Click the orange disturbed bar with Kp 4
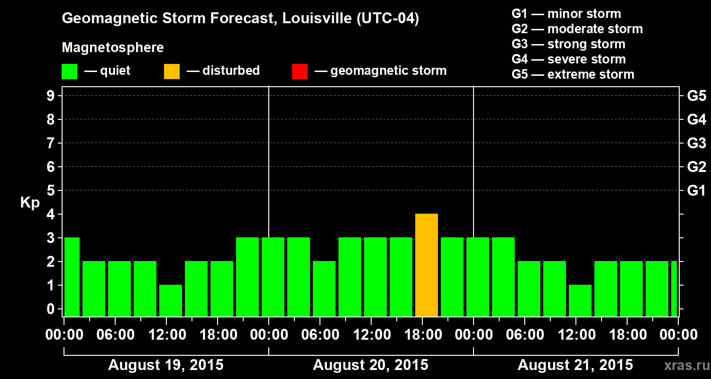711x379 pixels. click(x=427, y=265)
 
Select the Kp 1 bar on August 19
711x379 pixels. click(x=171, y=300)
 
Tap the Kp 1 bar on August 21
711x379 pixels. click(x=580, y=300)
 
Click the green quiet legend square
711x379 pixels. click(x=69, y=72)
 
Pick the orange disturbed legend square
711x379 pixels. click(x=172, y=72)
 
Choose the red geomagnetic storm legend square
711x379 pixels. click(x=300, y=72)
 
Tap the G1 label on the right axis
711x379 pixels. click(x=696, y=191)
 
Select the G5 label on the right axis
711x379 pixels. click(x=696, y=96)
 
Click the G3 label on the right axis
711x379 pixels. click(x=696, y=144)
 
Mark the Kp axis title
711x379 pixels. click(x=30, y=203)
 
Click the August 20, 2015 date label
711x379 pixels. click(x=370, y=365)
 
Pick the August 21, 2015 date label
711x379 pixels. click(x=575, y=365)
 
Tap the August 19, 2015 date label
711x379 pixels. click(x=166, y=365)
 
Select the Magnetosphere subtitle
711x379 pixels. click(x=113, y=48)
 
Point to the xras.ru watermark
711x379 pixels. click(x=683, y=366)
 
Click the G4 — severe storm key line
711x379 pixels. click(x=568, y=59)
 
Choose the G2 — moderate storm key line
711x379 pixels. click(x=577, y=29)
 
